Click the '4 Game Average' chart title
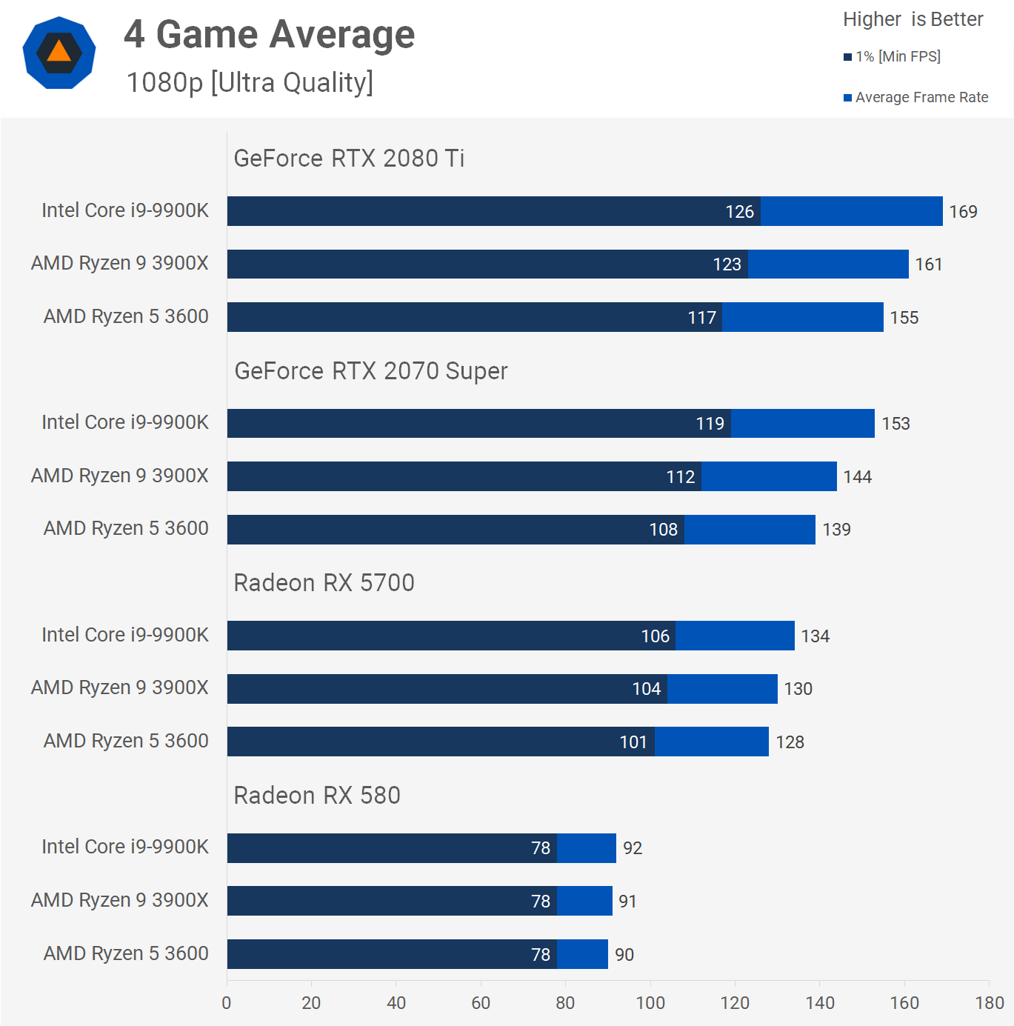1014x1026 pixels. [x=269, y=35]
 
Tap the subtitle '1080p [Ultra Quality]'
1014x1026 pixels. [x=250, y=82]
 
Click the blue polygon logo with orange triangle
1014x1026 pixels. [x=59, y=53]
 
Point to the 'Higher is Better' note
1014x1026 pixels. [x=913, y=19]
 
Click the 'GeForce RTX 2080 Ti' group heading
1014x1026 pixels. [x=349, y=159]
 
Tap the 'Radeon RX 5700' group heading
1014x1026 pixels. [x=324, y=583]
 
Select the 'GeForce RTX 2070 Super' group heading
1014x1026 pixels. [x=370, y=371]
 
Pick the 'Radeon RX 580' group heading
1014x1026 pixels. [x=317, y=796]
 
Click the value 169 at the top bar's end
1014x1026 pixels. [x=963, y=212]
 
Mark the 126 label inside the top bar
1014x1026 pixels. [x=739, y=212]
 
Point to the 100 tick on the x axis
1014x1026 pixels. [x=650, y=1003]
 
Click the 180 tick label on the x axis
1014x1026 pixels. [x=990, y=1003]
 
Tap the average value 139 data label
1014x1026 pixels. [x=836, y=530]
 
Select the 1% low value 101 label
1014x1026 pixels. [x=633, y=742]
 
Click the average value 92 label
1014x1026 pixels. [x=633, y=848]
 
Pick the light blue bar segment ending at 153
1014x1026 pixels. [x=803, y=424]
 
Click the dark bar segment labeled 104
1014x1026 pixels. [x=447, y=689]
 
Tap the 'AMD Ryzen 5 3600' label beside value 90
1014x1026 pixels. [x=126, y=953]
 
